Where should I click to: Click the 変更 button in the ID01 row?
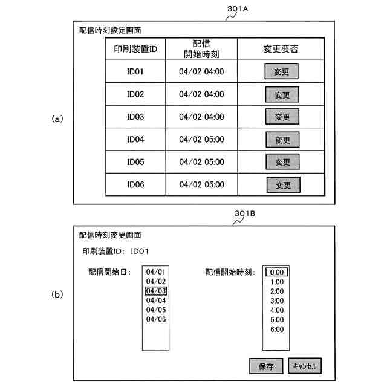point(282,72)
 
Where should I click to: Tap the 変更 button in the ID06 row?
point(284,184)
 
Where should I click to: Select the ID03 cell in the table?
point(135,117)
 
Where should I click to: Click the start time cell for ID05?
point(201,162)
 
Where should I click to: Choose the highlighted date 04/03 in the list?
point(156,291)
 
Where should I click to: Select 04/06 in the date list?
point(156,319)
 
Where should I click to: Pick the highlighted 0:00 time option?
point(277,272)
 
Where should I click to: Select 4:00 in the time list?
point(277,310)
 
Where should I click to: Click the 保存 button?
point(266,366)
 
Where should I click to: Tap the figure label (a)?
point(57,119)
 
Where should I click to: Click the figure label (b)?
point(57,295)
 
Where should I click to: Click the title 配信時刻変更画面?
point(110,235)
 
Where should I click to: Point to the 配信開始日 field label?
point(109,272)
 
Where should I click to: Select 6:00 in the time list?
point(277,329)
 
